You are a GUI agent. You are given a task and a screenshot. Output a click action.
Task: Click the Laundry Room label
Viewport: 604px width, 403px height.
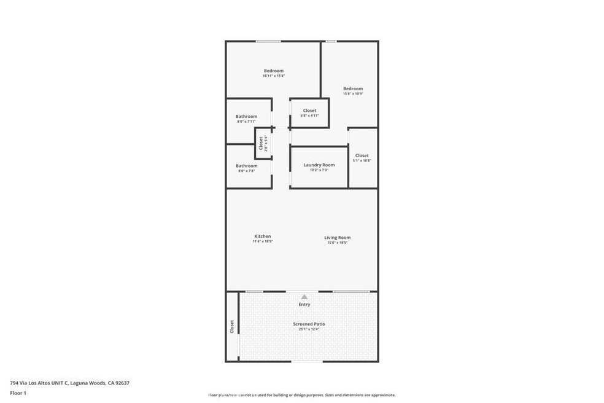(x=319, y=165)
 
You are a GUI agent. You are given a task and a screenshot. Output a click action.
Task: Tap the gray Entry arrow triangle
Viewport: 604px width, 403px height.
(x=304, y=297)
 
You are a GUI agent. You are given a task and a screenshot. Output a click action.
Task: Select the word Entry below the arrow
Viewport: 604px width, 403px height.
(x=304, y=304)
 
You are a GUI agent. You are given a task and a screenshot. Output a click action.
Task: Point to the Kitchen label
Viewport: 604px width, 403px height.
(x=262, y=237)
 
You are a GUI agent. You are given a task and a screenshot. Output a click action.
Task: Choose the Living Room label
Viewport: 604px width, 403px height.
(x=337, y=237)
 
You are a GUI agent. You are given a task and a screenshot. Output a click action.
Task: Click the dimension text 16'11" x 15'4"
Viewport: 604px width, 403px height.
(x=273, y=76)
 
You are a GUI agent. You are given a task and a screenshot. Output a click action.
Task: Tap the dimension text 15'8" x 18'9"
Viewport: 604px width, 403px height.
(x=353, y=94)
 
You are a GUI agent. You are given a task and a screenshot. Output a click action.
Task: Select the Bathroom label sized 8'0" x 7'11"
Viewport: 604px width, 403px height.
(x=246, y=116)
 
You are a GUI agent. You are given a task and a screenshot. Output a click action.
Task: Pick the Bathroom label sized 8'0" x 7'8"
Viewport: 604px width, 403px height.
(x=246, y=165)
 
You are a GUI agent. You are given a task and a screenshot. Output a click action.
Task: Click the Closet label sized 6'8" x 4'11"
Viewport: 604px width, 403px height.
(x=309, y=111)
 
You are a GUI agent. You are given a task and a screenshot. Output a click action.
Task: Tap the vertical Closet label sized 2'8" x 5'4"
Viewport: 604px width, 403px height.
(x=261, y=144)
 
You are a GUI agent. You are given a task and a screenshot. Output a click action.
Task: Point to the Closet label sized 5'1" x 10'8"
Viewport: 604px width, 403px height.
(x=362, y=155)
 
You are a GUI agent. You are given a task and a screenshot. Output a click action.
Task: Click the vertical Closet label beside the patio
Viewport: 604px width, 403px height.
(x=231, y=326)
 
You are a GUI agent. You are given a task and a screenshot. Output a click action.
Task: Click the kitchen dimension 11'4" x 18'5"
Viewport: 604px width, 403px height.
(x=262, y=242)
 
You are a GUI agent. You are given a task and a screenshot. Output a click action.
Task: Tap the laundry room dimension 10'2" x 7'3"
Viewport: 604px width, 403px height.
(x=319, y=170)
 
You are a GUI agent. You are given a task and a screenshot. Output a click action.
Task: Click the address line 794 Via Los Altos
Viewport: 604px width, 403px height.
(x=69, y=383)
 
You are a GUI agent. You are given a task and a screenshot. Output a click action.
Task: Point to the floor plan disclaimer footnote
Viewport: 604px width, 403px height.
(x=301, y=395)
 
